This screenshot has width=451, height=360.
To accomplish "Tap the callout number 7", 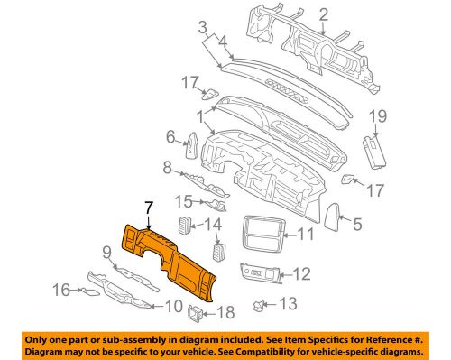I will click(148, 210).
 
